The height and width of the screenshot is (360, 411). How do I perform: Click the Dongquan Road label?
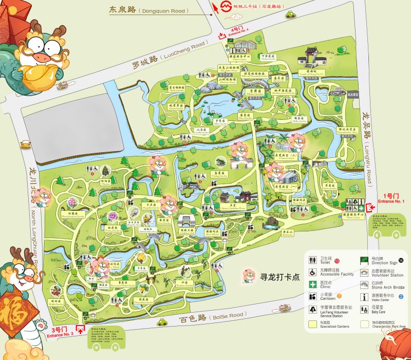pos(149,10)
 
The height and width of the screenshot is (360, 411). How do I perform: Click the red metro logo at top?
pos(224,7)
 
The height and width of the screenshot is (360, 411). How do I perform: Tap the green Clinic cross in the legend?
pos(312,284)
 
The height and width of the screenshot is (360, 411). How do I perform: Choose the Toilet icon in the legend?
pos(312,260)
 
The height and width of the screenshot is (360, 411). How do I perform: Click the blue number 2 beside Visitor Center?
pos(401,296)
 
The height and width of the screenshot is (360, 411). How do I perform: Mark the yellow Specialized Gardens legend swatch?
pos(312,325)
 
